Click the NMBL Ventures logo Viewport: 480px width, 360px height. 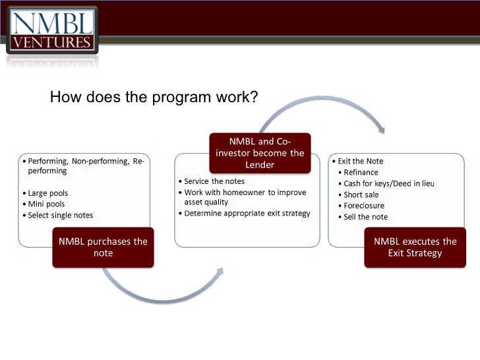tap(52, 30)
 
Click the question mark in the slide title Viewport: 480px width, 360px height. tap(254, 97)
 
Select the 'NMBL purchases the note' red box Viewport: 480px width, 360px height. tap(103, 247)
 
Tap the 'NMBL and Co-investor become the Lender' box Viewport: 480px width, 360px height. tap(260, 153)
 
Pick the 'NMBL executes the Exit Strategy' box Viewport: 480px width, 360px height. tap(415, 247)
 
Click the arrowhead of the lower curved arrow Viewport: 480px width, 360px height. tap(220, 271)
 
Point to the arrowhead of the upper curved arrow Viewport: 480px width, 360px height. tap(380, 129)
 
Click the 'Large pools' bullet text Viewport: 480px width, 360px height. tap(48, 193)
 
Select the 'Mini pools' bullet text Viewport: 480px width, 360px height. tap(47, 204)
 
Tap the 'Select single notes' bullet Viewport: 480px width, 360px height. tap(61, 215)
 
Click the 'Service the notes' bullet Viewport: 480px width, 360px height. tap(214, 181)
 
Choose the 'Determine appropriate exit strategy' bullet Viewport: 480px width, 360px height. tap(247, 214)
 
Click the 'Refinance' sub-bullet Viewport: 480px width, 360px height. tap(361, 172)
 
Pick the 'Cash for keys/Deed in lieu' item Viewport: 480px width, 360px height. tap(389, 184)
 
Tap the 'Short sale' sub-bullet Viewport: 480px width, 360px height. tap(361, 195)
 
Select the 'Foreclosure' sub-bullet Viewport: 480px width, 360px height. tap(364, 206)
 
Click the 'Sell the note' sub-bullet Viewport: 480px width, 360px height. tap(366, 217)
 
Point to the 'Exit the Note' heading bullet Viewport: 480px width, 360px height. tap(361, 161)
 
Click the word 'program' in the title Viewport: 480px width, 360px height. tap(181, 98)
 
